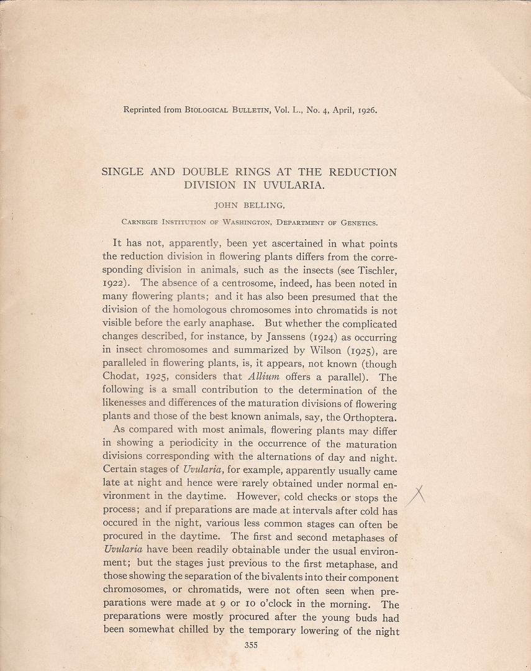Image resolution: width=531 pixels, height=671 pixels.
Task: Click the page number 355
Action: pyautogui.click(x=251, y=645)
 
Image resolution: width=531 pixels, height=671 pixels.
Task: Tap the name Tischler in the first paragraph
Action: pyautogui.click(x=375, y=271)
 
